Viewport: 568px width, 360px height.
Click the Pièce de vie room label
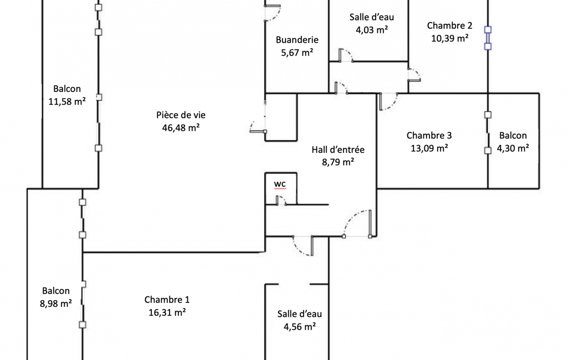(181, 115)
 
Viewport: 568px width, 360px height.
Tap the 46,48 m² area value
(181, 128)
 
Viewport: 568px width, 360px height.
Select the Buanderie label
(297, 40)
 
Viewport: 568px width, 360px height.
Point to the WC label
(280, 184)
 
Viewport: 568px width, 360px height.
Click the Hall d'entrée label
(338, 150)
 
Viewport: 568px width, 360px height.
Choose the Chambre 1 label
(167, 300)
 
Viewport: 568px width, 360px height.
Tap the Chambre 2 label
(449, 25)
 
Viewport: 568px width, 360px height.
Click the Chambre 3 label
(429, 136)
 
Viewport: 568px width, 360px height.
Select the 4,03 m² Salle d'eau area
(372, 30)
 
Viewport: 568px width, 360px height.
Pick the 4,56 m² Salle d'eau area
(300, 327)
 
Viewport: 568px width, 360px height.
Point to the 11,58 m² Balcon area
(67, 102)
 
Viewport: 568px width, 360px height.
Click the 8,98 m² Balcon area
(56, 304)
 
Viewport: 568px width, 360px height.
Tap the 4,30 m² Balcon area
(513, 148)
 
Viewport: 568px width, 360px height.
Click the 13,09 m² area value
(429, 148)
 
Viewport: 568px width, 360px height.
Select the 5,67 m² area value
(297, 53)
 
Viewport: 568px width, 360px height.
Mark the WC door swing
(281, 200)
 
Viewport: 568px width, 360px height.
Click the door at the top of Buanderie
(273, 13)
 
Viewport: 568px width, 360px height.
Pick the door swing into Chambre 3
(388, 102)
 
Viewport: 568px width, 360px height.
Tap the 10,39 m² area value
(449, 38)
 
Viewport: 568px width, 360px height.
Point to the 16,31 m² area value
(167, 312)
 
